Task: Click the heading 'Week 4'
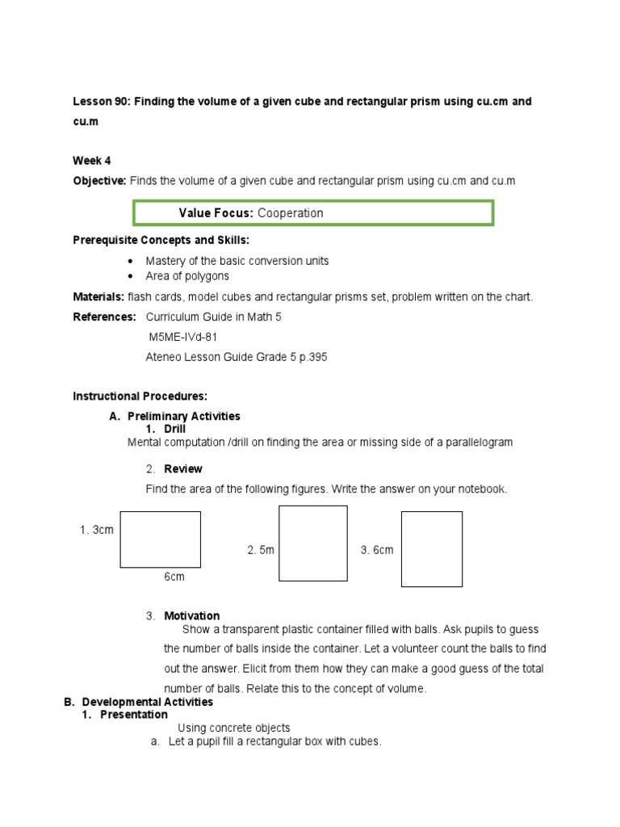tap(92, 161)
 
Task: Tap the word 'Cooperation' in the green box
tap(291, 213)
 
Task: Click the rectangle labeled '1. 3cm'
tap(161, 539)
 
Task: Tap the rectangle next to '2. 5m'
tap(313, 544)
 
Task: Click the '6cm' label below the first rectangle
tap(175, 577)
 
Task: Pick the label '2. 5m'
tap(261, 550)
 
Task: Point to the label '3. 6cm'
tap(377, 550)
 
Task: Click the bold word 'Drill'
tap(175, 430)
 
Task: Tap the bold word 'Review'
tap(183, 469)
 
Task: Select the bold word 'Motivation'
tap(192, 616)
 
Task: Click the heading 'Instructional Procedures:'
tap(140, 396)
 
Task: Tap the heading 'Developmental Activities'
tap(147, 703)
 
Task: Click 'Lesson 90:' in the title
tap(101, 103)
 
